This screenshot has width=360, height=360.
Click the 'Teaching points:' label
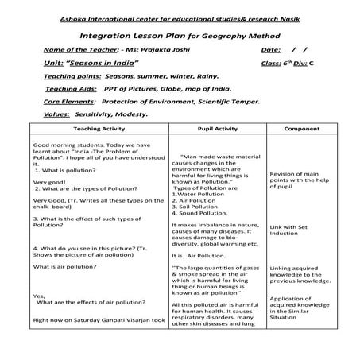click(74, 77)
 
